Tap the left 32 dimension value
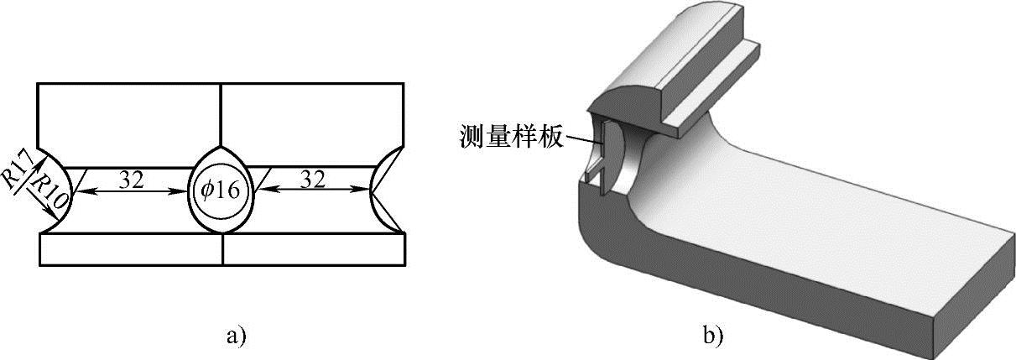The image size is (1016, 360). pyautogui.click(x=130, y=180)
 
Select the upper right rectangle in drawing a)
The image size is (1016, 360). pyautogui.click(x=310, y=122)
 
